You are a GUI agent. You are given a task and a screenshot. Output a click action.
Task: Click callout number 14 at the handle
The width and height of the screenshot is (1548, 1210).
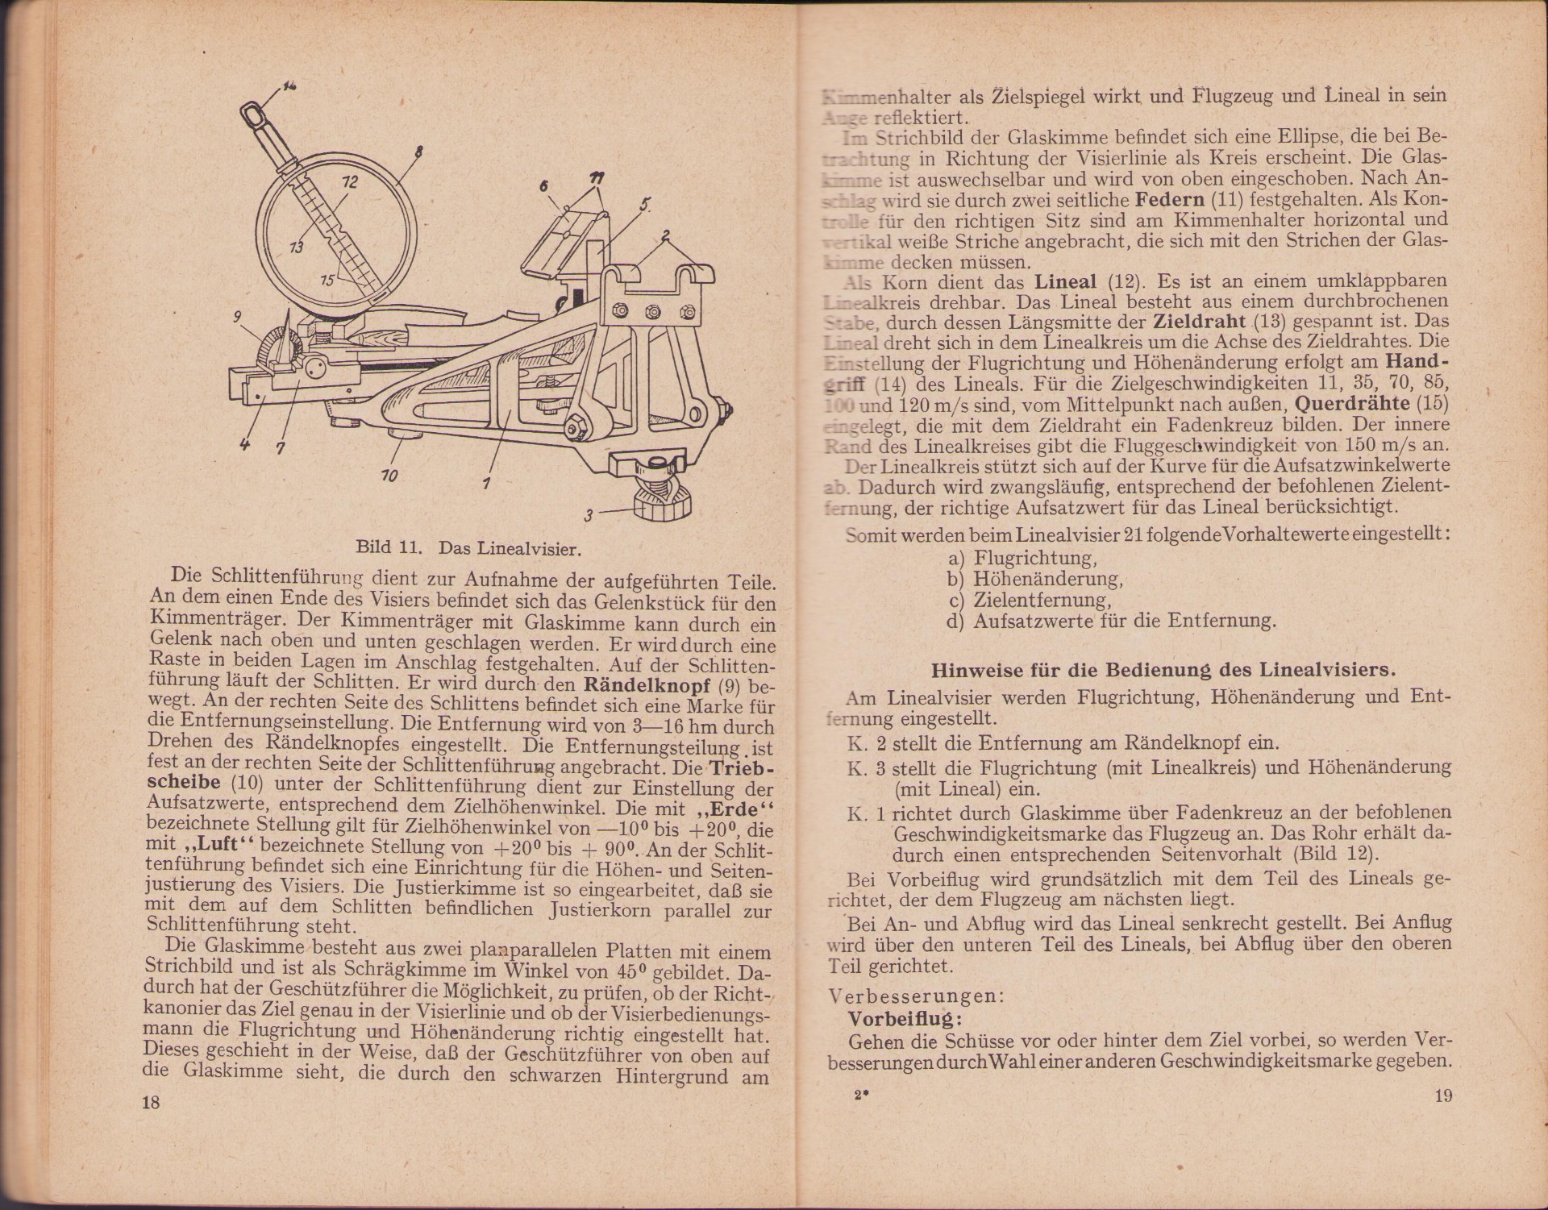click(289, 85)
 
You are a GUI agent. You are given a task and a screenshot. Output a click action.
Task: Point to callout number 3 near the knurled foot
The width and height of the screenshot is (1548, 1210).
click(589, 514)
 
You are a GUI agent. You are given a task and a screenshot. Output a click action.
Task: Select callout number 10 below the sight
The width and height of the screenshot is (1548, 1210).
click(389, 476)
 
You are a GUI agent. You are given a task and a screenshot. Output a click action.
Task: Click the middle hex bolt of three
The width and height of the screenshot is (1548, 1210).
click(653, 310)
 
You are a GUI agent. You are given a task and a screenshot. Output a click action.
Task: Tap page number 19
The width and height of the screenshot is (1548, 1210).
click(1443, 1096)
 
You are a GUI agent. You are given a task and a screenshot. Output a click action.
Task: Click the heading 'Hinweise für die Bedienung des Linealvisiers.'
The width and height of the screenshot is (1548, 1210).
click(1163, 670)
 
